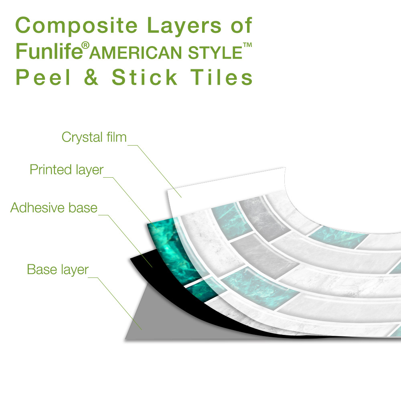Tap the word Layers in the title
pos(184,26)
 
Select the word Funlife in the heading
pos(49,51)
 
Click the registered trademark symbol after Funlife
pos(85,46)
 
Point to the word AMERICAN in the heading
pos(136,53)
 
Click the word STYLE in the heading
pos(215,53)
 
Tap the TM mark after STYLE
pos(247,45)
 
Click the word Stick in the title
pos(144,77)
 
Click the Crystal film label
pos(94,137)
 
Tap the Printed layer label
pos(67,170)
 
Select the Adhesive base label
pos(54,207)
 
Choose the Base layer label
pos(58,269)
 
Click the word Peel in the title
pos(43,77)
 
